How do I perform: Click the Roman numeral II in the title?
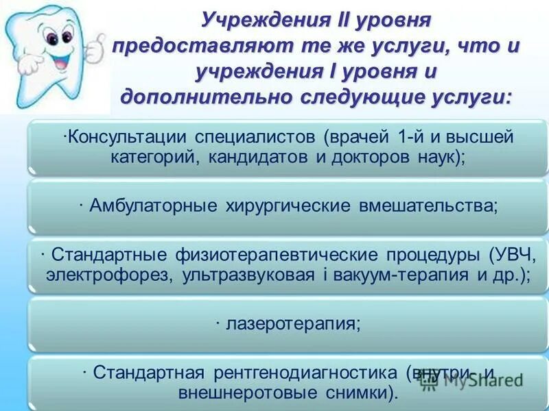click(x=341, y=21)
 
